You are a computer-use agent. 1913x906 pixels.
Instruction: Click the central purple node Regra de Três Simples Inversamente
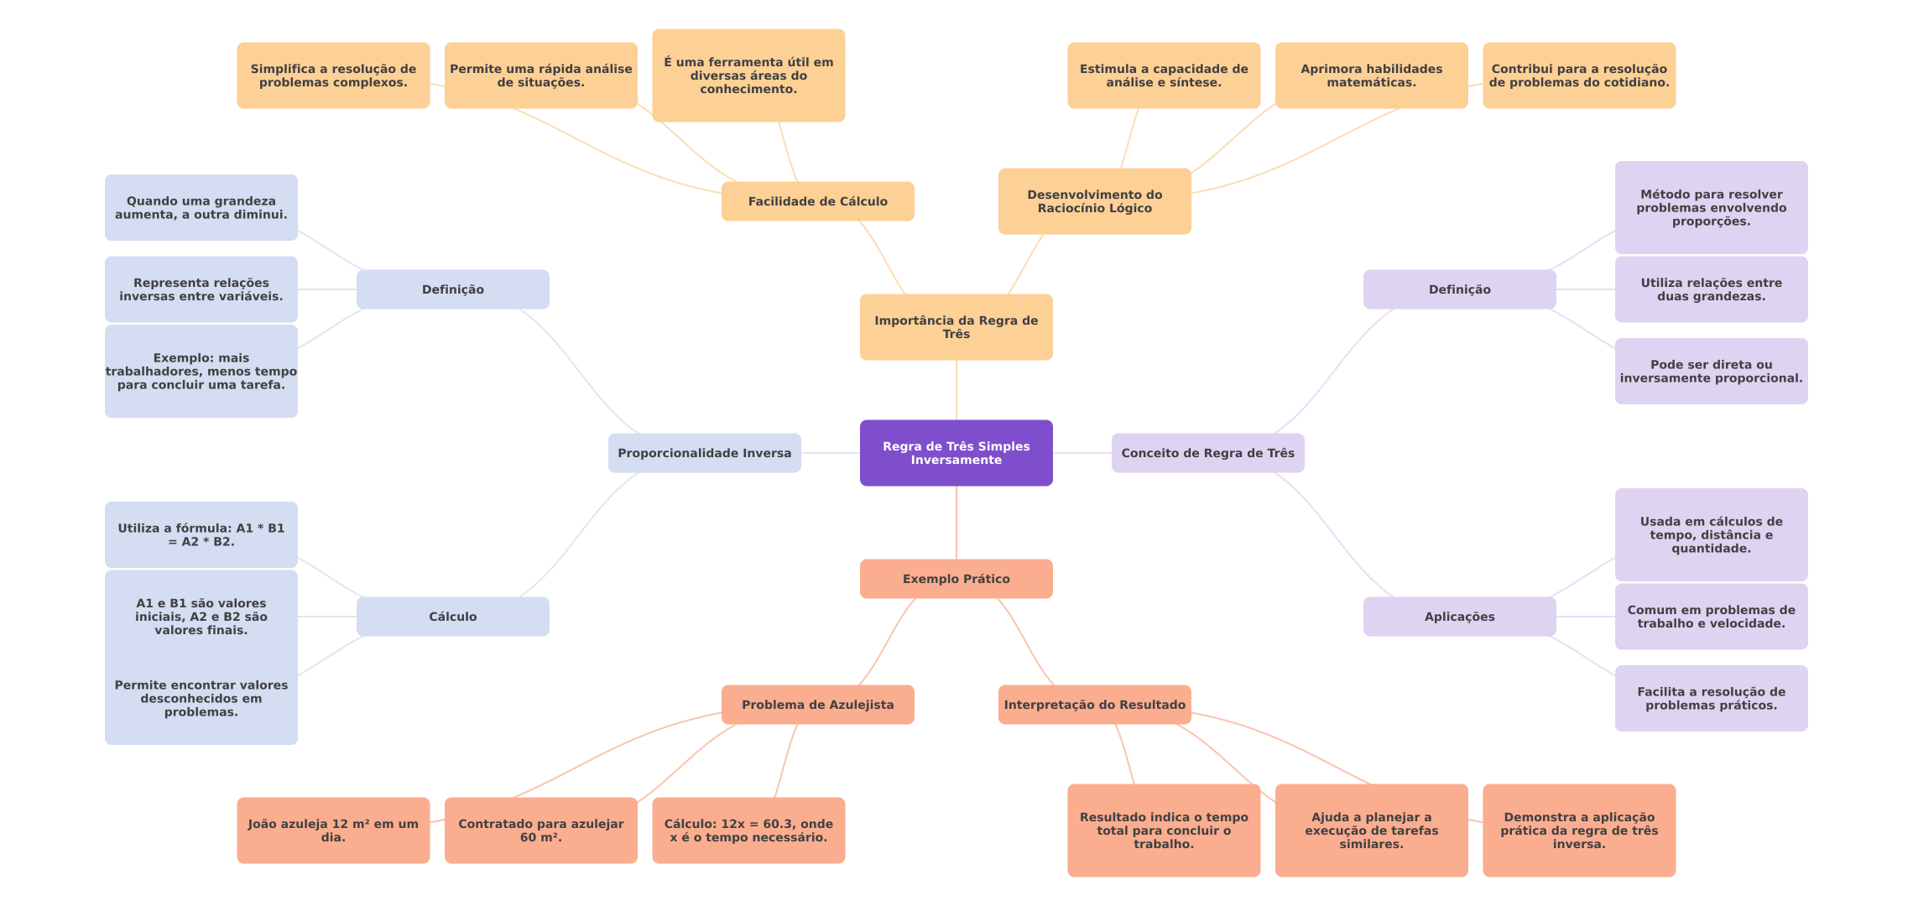pyautogui.click(x=956, y=453)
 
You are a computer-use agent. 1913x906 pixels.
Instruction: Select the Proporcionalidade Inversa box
pyautogui.click(x=704, y=453)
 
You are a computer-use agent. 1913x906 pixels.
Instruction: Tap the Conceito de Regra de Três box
pyautogui.click(x=1207, y=453)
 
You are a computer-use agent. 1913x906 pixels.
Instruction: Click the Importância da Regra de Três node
pyautogui.click(x=956, y=327)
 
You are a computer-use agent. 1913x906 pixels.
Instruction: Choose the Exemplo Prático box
pyautogui.click(x=956, y=579)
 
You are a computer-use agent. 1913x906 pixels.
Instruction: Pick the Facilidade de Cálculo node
pyautogui.click(x=817, y=201)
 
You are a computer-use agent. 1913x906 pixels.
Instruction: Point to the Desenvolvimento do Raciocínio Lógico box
pyautogui.click(x=1094, y=201)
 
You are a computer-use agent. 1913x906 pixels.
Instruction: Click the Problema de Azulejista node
pyautogui.click(x=817, y=705)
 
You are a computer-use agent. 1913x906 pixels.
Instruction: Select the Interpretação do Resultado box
pyautogui.click(x=1094, y=705)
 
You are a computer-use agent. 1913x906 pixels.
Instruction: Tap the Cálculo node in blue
pyautogui.click(x=452, y=617)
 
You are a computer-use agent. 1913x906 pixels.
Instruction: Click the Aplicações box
pyautogui.click(x=1459, y=617)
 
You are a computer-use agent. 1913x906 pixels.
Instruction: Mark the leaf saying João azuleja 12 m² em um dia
pyautogui.click(x=333, y=830)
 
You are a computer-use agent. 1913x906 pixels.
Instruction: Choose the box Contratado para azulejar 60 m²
pyautogui.click(x=540, y=830)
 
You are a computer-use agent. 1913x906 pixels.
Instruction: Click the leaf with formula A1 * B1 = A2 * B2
pyautogui.click(x=201, y=535)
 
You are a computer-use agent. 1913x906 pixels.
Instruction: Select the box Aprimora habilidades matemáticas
pyautogui.click(x=1371, y=75)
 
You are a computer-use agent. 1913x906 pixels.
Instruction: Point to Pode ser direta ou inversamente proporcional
pyautogui.click(x=1711, y=372)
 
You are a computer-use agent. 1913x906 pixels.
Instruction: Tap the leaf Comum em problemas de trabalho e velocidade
pyautogui.click(x=1711, y=617)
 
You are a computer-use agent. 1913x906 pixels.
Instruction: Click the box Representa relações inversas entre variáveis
pyautogui.click(x=201, y=289)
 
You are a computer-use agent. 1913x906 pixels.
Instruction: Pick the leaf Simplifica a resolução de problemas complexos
pyautogui.click(x=333, y=75)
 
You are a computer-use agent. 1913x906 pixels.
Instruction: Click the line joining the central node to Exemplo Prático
pyautogui.click(x=956, y=523)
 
